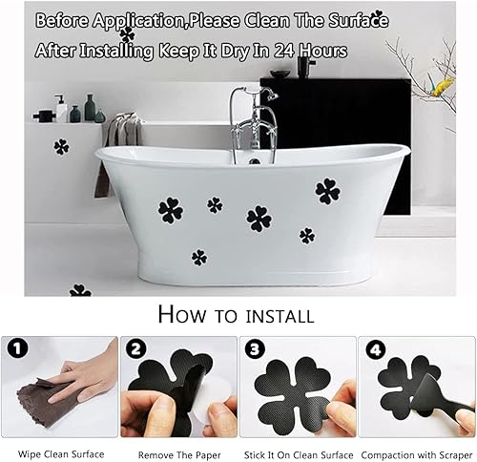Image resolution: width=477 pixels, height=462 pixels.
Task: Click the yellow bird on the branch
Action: [x=443, y=87]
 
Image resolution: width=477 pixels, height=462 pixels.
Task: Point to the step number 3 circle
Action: [x=255, y=350]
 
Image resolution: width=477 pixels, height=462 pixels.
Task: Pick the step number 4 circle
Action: [x=376, y=350]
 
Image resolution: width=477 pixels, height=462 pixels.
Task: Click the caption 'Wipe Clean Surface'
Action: [x=61, y=454]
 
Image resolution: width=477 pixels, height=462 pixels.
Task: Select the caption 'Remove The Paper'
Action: [x=179, y=455]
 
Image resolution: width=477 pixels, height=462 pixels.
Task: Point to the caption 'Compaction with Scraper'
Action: [x=417, y=455]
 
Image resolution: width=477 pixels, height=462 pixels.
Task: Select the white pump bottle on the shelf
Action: [x=60, y=108]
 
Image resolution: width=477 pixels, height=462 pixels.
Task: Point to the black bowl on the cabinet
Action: [x=280, y=73]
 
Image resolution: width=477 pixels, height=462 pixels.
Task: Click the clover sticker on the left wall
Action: [x=61, y=147]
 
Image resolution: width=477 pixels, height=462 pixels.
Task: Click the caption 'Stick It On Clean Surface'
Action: [x=299, y=455]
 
